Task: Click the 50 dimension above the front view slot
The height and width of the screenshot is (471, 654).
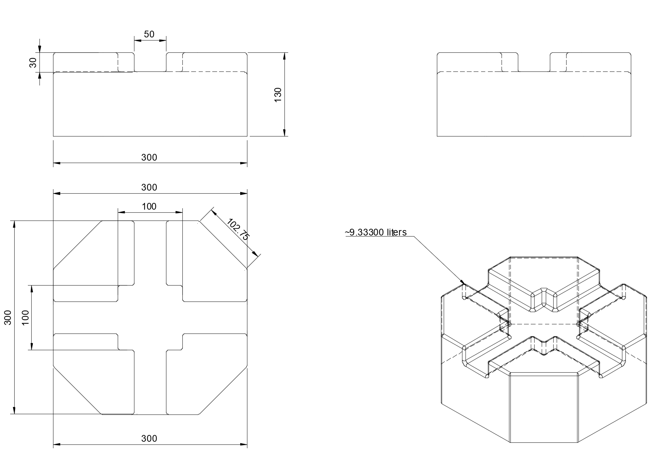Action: pos(149,34)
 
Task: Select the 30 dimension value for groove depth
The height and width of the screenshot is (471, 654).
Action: pos(33,62)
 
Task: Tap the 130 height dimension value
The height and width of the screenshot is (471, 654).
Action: pos(278,95)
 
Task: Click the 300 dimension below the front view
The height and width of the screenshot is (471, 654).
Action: pos(149,158)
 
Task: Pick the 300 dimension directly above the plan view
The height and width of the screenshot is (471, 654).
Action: pos(149,188)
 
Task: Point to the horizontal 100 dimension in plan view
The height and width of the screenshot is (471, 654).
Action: pos(149,207)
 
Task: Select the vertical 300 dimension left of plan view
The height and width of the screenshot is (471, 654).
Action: pos(8,317)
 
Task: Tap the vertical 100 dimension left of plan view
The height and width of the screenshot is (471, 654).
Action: pos(26,317)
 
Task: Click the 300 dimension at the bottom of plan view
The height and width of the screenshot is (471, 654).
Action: pos(149,439)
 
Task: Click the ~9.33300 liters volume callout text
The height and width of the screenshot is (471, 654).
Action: pos(376,232)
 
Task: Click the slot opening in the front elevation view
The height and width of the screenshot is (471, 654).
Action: pos(150,62)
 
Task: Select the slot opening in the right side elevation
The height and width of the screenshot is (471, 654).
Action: pos(534,62)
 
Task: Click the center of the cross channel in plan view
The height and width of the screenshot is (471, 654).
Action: pos(150,317)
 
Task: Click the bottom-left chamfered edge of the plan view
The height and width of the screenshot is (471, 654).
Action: pos(77,390)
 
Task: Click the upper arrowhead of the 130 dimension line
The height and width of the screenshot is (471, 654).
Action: pos(284,56)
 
